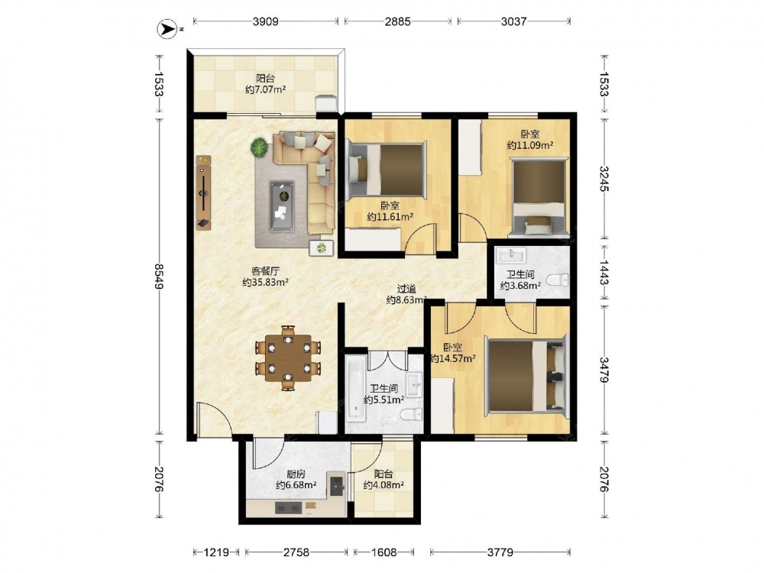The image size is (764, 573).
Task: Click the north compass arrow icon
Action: [167, 29]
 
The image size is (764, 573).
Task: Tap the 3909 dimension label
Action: [266, 21]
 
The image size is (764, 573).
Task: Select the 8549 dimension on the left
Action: [158, 277]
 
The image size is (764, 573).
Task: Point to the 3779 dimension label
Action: [500, 552]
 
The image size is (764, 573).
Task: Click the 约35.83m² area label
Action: [266, 282]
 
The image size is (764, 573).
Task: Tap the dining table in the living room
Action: [289, 358]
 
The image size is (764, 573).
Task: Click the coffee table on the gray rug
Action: [283, 200]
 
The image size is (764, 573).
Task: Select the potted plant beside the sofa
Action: [260, 147]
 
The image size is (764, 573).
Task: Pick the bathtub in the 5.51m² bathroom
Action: [355, 388]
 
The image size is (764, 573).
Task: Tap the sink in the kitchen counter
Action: [337, 484]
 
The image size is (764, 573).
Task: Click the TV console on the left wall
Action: [204, 193]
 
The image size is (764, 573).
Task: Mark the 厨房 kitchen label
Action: [296, 474]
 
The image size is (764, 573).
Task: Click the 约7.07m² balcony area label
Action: [265, 89]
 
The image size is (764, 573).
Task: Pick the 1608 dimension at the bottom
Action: [384, 552]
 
